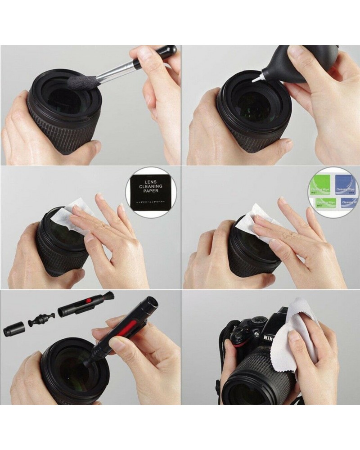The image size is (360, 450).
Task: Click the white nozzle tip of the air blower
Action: (x=257, y=80)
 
